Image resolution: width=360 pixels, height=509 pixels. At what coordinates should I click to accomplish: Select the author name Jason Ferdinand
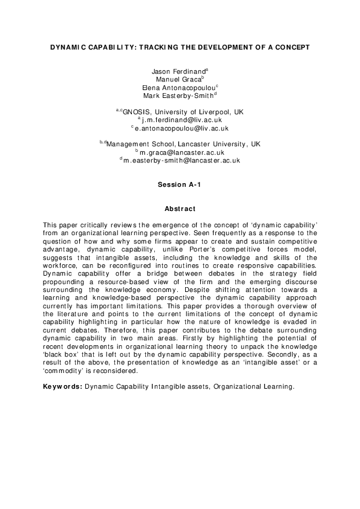pyautogui.click(x=178, y=72)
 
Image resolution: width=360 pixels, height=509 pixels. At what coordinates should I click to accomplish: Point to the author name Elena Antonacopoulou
pyautogui.click(x=179, y=88)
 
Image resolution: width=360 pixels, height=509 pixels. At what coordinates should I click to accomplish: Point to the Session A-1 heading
pyautogui.click(x=180, y=184)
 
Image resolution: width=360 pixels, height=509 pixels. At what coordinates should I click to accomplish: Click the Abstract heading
pyautogui.click(x=180, y=209)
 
